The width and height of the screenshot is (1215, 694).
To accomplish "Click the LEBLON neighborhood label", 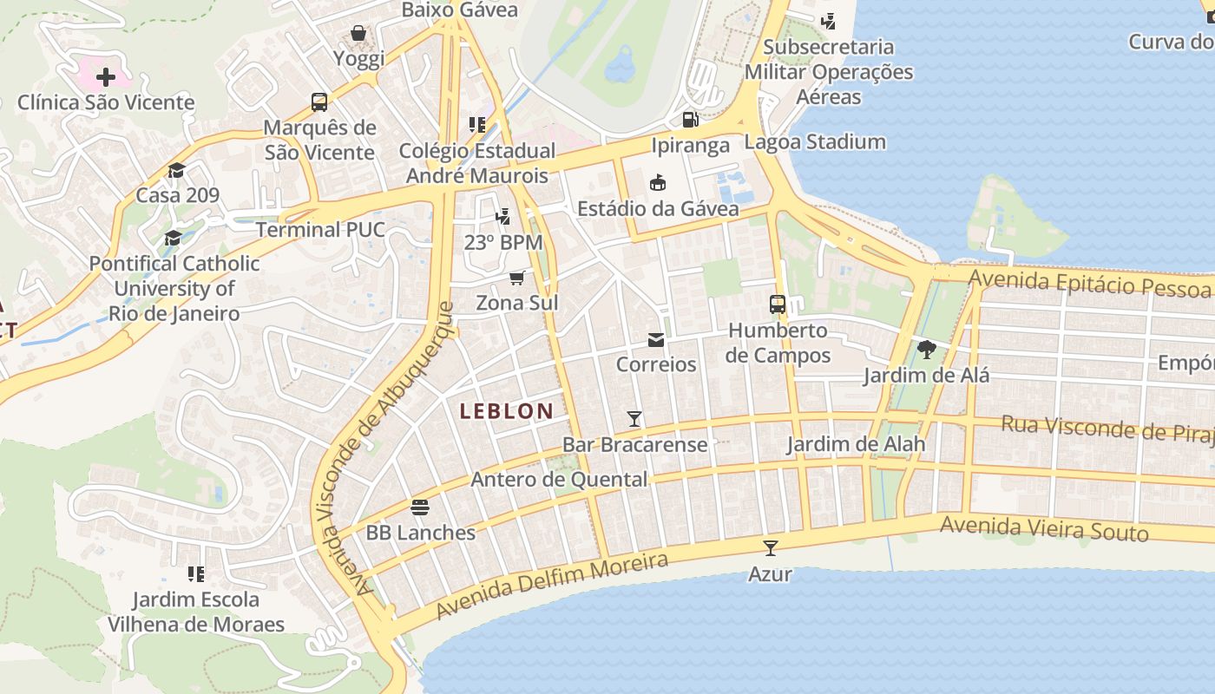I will (506, 411).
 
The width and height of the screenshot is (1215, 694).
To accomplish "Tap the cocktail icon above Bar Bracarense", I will (634, 419).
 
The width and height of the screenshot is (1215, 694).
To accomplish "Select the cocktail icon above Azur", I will (770, 547).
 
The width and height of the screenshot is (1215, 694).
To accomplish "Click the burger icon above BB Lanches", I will (420, 507).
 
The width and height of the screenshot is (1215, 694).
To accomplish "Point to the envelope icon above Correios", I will (656, 339).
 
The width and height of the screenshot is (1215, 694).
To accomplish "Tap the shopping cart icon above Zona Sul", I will (517, 278).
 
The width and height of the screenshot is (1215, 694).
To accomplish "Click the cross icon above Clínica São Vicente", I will (106, 77).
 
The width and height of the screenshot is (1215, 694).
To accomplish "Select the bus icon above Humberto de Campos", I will (778, 304).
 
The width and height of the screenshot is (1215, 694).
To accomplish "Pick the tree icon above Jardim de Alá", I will (926, 350).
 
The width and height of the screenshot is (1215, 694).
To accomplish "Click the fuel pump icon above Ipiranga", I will (690, 120).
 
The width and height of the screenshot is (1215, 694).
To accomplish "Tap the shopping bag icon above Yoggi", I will (358, 34).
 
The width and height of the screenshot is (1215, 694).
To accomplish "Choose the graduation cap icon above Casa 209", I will (177, 170).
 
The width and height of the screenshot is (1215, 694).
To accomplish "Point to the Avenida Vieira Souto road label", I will (1044, 527).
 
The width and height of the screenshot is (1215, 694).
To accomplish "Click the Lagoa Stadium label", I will (815, 141).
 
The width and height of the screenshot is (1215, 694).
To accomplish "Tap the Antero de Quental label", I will (559, 479).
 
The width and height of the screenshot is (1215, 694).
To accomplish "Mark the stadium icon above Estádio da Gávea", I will (658, 183).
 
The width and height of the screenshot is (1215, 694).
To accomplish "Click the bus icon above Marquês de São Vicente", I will (319, 102).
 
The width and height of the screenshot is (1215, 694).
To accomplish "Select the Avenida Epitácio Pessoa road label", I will (1089, 283).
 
